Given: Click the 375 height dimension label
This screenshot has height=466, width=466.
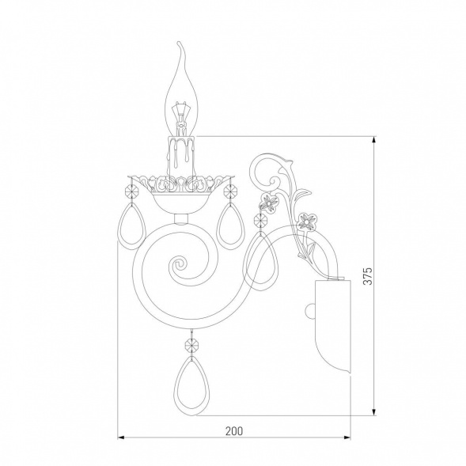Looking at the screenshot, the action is coord(368,276).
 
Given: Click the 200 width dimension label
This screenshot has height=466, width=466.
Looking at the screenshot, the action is coord(234,431).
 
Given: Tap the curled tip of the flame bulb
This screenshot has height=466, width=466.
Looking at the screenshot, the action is coord(180,45).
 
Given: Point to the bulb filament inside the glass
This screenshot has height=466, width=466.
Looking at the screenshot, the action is coord(180,115).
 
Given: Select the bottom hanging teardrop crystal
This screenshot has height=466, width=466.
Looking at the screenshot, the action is coord(191,384).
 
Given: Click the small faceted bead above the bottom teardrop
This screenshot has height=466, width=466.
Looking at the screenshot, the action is coord(191,345).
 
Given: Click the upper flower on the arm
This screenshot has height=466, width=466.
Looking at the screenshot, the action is coord(268,203).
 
